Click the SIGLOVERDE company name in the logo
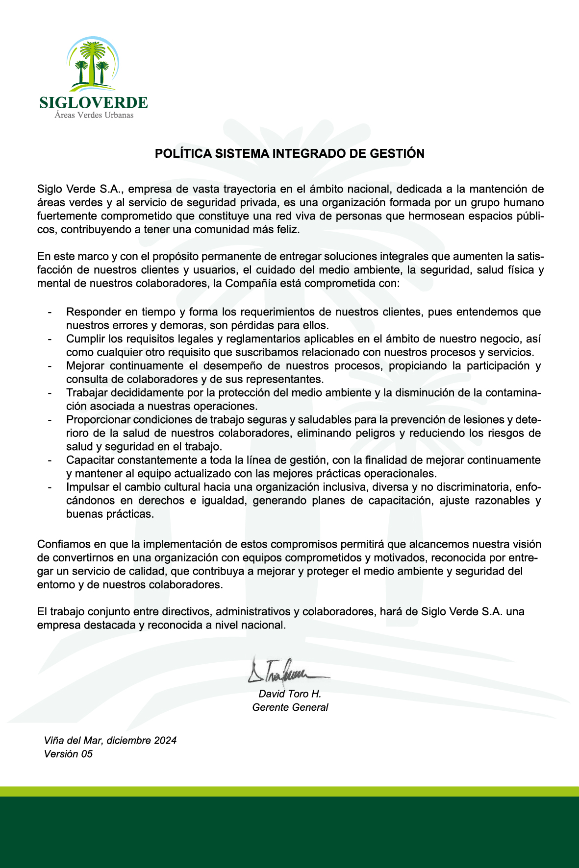[x=93, y=102]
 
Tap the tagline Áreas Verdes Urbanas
[x=94, y=115]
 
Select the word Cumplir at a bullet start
[x=84, y=339]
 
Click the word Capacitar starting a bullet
[x=89, y=460]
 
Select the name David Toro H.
[x=290, y=694]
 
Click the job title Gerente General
[x=290, y=707]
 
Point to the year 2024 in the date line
[x=165, y=740]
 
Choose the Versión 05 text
[x=68, y=754]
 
